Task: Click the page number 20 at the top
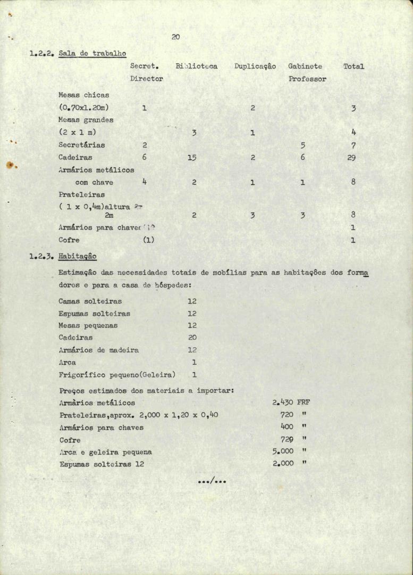pyautogui.click(x=176, y=37)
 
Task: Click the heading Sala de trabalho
pyautogui.click(x=92, y=53)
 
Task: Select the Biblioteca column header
pyautogui.click(x=196, y=67)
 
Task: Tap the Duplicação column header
pyautogui.click(x=255, y=67)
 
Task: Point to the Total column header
pyautogui.click(x=353, y=67)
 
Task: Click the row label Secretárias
pyautogui.click(x=81, y=145)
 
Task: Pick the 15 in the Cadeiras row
pyautogui.click(x=192, y=158)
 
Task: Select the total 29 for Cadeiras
pyautogui.click(x=351, y=158)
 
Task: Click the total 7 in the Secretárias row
pyautogui.click(x=353, y=145)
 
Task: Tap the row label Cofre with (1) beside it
pyautogui.click(x=69, y=240)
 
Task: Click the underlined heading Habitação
pyautogui.click(x=78, y=257)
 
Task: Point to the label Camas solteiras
pyautogui.click(x=90, y=301)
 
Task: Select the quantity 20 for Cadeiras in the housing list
pyautogui.click(x=192, y=338)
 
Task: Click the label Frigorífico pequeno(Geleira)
pyautogui.click(x=117, y=375)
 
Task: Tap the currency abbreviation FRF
pyautogui.click(x=304, y=402)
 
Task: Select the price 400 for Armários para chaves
pyautogui.click(x=287, y=427)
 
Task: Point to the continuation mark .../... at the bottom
pyautogui.click(x=212, y=482)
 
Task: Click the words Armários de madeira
pyautogui.click(x=98, y=350)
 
